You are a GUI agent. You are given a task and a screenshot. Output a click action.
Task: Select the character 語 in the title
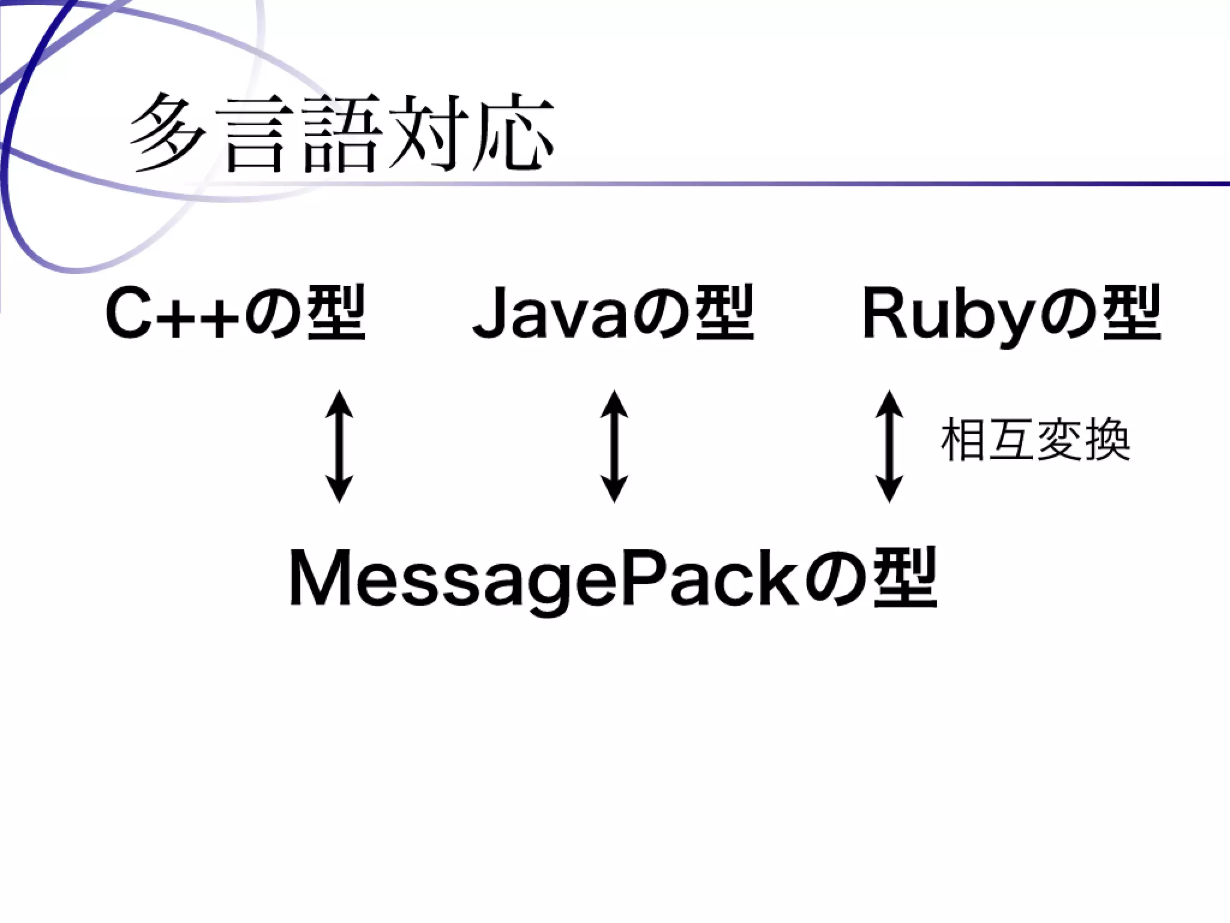(x=341, y=133)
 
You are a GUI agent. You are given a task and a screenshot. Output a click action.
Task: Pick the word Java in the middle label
(x=550, y=315)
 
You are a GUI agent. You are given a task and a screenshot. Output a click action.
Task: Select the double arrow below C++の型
(x=339, y=446)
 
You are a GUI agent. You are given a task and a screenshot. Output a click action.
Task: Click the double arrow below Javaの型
(x=614, y=446)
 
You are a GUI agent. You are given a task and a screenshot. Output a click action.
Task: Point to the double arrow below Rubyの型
(x=889, y=446)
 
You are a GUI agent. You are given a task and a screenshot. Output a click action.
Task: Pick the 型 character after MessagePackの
(x=905, y=578)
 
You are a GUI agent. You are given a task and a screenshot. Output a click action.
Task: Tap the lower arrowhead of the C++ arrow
(x=339, y=489)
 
